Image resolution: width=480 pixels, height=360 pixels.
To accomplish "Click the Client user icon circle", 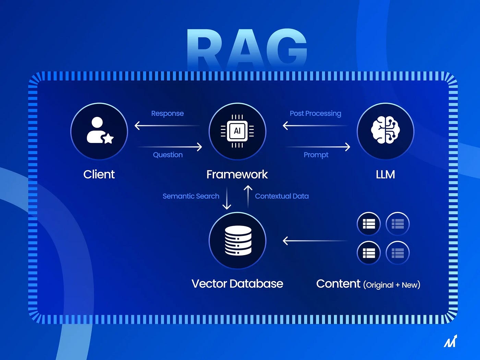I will coord(99,131).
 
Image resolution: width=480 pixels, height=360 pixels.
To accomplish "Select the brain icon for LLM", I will coord(385,130).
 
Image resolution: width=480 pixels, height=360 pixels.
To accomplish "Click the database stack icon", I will coord(238,240).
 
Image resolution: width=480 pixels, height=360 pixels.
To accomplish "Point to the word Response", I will coord(167,113).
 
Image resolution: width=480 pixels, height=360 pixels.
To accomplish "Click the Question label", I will coord(168,155).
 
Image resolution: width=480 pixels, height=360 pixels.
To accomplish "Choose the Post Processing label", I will coord(315,113).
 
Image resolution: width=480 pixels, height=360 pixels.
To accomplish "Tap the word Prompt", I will coord(316,155).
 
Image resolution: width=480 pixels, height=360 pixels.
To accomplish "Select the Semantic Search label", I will coord(191,196).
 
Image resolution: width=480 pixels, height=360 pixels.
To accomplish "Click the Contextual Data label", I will coord(282,196).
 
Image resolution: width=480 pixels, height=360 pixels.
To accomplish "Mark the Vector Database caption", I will coord(237,284).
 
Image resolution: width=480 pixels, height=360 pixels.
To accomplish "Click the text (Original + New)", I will coord(392,285).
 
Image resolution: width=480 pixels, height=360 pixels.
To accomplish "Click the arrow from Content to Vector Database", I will coord(315,241).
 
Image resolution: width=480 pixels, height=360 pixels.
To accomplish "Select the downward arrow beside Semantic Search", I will coord(227,198).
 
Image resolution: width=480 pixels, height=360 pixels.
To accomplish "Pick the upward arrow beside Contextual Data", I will coord(248,197).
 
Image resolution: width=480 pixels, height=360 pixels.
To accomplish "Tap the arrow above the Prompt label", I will coord(317,147).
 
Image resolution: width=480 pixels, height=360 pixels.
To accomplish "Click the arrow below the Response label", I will coord(167,125).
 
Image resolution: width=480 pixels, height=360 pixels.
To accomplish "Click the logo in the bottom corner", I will coord(451,341).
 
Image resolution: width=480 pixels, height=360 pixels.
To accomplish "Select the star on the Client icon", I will coord(108,139).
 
